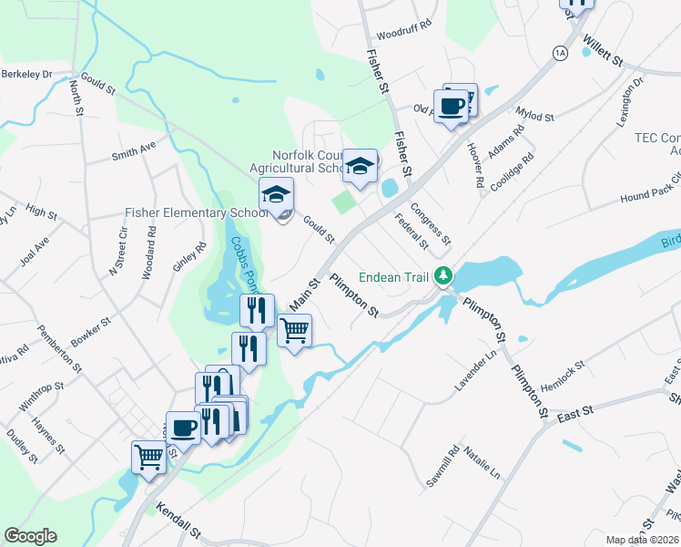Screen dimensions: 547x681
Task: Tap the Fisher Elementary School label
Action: click(197, 212)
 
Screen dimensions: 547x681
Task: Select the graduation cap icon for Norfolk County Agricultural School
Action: click(361, 165)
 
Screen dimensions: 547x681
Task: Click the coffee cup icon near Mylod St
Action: click(451, 106)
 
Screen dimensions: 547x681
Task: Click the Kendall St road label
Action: click(178, 522)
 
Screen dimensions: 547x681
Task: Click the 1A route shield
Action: click(559, 54)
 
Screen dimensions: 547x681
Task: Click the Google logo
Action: click(30, 536)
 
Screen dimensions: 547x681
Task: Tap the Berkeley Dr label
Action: click(27, 74)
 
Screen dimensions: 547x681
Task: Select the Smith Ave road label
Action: click(135, 150)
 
